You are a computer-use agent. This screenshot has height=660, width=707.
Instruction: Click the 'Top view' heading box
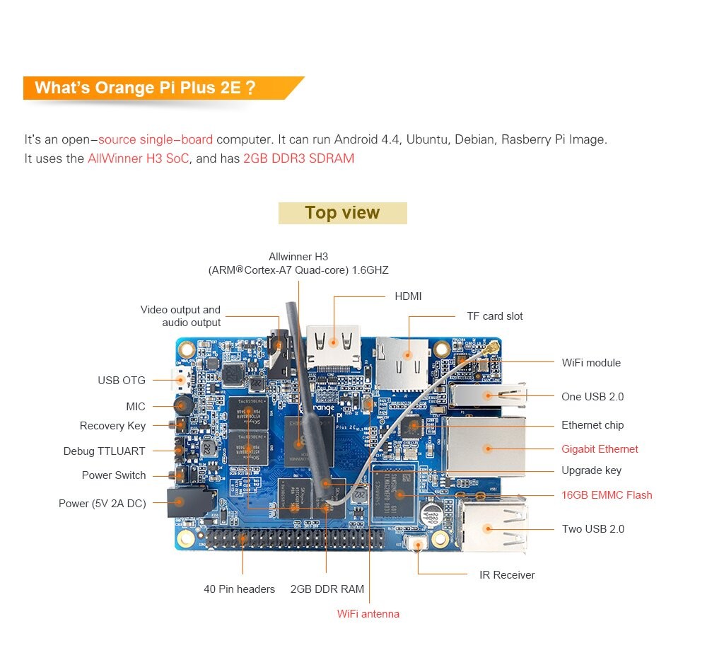coord(342,213)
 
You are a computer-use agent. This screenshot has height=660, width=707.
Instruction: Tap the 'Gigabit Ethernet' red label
coord(600,449)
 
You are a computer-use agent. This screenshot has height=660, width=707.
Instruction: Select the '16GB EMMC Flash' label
coord(607,495)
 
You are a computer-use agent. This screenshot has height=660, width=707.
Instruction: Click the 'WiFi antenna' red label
coord(368,614)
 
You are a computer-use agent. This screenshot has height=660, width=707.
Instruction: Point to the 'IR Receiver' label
coord(507,575)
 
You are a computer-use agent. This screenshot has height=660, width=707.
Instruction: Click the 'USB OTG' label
coord(122,381)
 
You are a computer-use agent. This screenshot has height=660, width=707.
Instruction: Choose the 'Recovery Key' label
coord(112,426)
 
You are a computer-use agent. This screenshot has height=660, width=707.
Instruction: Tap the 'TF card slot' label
coord(495,316)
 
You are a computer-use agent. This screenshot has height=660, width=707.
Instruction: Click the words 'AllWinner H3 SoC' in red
coord(139,158)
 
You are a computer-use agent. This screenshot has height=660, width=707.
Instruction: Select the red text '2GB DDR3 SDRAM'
coord(298,158)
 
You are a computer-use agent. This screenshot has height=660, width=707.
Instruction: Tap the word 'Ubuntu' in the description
coord(427,139)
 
